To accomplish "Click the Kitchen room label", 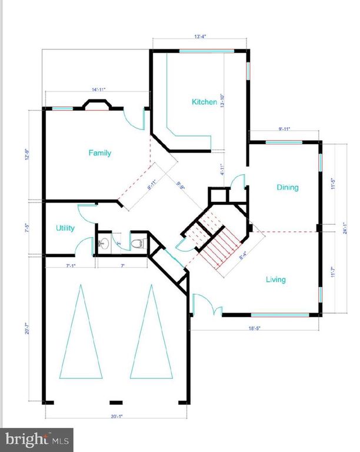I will coord(204,102).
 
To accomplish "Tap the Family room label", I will coord(100,153).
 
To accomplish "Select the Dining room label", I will coord(288,188).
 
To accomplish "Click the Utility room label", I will coord(65,228).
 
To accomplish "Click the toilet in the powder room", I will coord(136,243).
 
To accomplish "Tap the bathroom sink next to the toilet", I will coord(104,243).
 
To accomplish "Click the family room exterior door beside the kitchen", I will coord(136,118).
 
